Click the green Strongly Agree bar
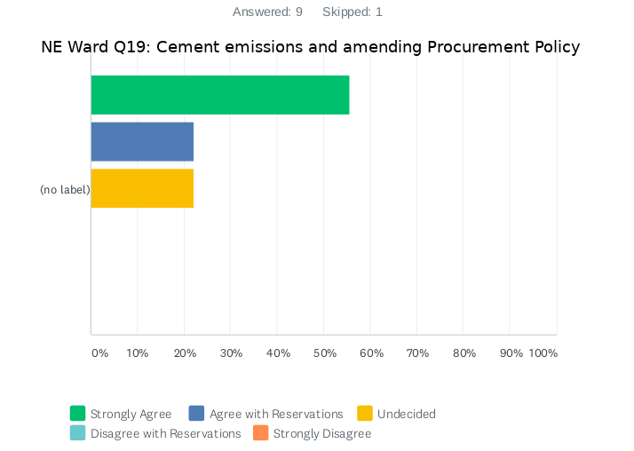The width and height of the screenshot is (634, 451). click(x=220, y=95)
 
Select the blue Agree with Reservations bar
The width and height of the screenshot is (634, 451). click(x=142, y=141)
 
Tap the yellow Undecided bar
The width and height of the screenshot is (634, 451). click(x=142, y=188)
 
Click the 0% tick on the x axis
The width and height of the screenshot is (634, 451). click(x=99, y=353)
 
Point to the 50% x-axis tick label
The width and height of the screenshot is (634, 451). click(x=325, y=353)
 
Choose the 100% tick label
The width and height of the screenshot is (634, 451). click(x=543, y=353)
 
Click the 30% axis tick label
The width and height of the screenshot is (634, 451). click(x=231, y=353)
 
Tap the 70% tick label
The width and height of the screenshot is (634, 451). click(x=418, y=353)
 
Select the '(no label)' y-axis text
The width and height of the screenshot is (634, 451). click(x=65, y=190)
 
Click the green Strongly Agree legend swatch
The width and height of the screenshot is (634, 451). click(x=78, y=414)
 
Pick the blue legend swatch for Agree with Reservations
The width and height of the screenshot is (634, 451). click(x=197, y=414)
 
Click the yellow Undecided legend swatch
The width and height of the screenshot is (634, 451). click(x=365, y=414)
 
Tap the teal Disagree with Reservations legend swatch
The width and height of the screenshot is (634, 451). click(x=78, y=434)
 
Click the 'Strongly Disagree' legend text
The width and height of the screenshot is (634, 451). click(x=322, y=434)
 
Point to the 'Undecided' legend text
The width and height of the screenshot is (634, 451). click(x=407, y=414)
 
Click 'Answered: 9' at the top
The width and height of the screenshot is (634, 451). click(x=267, y=12)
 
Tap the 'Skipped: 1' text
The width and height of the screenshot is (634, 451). click(x=353, y=12)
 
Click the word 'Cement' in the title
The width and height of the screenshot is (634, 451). click(x=186, y=47)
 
